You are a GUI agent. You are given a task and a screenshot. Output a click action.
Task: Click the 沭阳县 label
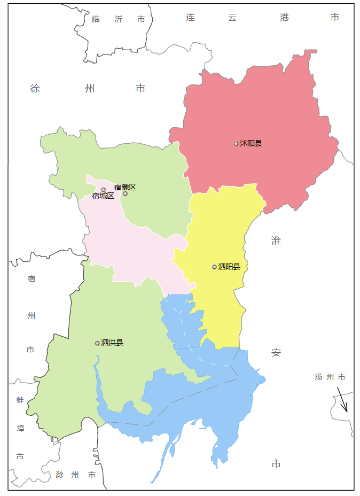click(251, 143)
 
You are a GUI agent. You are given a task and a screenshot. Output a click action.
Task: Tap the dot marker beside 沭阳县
click(236, 143)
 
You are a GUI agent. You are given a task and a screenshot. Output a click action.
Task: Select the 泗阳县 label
click(229, 267)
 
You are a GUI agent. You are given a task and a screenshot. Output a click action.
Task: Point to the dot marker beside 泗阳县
click(214, 267)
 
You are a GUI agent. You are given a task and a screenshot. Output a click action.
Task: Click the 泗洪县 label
click(112, 343)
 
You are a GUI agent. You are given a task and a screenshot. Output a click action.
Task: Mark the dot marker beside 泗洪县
click(97, 343)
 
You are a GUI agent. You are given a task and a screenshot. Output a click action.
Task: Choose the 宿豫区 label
click(125, 187)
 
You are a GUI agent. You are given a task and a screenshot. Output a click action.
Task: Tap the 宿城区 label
click(103, 196)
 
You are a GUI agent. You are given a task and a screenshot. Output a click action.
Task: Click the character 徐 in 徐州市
click(35, 88)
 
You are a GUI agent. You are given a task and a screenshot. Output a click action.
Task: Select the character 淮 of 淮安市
click(276, 241)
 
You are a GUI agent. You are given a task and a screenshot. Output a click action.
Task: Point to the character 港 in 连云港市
click(284, 18)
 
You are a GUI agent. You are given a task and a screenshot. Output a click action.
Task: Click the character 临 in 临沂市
click(96, 19)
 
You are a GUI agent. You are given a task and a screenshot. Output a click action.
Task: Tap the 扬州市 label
click(330, 377)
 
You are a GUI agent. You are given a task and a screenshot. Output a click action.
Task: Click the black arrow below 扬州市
click(342, 399)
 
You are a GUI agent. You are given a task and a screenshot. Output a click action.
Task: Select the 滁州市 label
click(75, 475)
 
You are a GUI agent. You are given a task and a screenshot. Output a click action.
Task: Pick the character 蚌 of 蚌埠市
click(20, 400)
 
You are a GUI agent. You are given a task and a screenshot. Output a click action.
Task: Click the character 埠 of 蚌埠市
click(20, 429)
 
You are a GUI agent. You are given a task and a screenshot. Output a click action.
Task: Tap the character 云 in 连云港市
click(232, 18)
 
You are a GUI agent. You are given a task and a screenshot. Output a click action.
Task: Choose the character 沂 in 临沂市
click(119, 19)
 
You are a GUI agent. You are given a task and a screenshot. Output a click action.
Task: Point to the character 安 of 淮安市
click(276, 353)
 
